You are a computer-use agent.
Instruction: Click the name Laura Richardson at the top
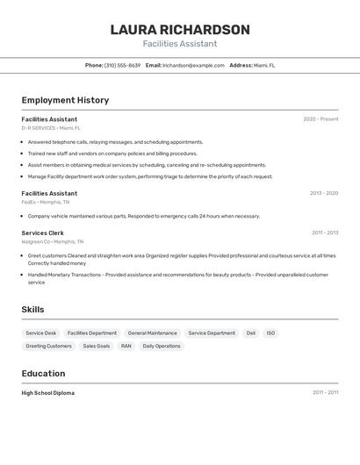tap(180, 30)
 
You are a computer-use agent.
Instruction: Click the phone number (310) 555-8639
tap(122, 65)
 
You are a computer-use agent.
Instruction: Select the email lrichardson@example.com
tap(193, 65)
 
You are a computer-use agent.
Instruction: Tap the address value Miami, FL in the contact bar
tap(264, 65)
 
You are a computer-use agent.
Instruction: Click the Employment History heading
tap(65, 100)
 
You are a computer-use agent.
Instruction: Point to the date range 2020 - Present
tap(320, 119)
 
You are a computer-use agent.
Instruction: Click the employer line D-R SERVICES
tap(51, 128)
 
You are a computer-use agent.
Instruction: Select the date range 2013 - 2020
tap(324, 193)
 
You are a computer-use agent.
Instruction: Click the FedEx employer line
tap(46, 202)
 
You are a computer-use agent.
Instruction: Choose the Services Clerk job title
tap(43, 232)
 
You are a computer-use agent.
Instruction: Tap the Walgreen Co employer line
tap(53, 241)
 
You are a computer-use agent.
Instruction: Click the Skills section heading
tap(32, 310)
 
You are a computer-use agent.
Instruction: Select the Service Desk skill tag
tap(41, 333)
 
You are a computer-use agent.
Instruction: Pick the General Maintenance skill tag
tap(152, 333)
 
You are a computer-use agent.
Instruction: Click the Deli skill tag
tap(251, 333)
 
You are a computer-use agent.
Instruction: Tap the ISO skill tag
tap(271, 333)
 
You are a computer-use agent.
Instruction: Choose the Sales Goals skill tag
tap(97, 346)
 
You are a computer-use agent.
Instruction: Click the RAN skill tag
tap(126, 346)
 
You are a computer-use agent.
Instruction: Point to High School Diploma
tap(48, 393)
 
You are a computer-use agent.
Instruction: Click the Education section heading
tap(43, 374)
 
